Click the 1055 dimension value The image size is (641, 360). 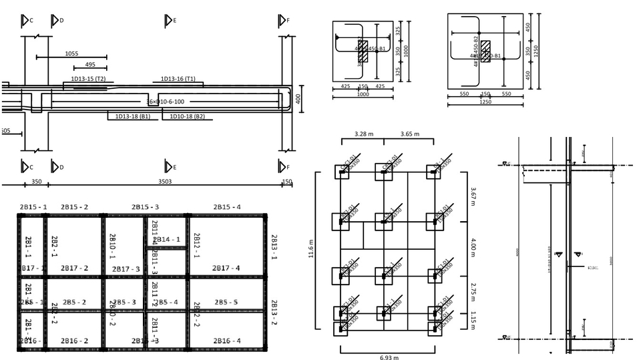tap(71, 53)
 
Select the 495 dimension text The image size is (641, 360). tap(90, 65)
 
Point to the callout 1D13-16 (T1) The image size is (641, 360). tap(178, 79)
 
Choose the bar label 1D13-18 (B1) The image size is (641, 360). tap(133, 117)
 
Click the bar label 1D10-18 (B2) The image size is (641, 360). tap(188, 117)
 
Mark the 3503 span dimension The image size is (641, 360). tap(164, 181)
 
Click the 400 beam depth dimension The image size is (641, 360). tap(298, 99)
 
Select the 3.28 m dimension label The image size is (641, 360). tap(364, 134)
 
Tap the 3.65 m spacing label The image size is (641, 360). tap(409, 134)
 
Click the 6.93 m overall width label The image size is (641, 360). tap(389, 357)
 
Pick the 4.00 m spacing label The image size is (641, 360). tap(473, 244)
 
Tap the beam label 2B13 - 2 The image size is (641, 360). tap(273, 312)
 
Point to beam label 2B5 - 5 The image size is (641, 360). tap(226, 302)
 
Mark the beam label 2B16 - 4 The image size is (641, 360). tap(226, 341)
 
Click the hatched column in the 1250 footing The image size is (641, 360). tap(485, 51)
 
